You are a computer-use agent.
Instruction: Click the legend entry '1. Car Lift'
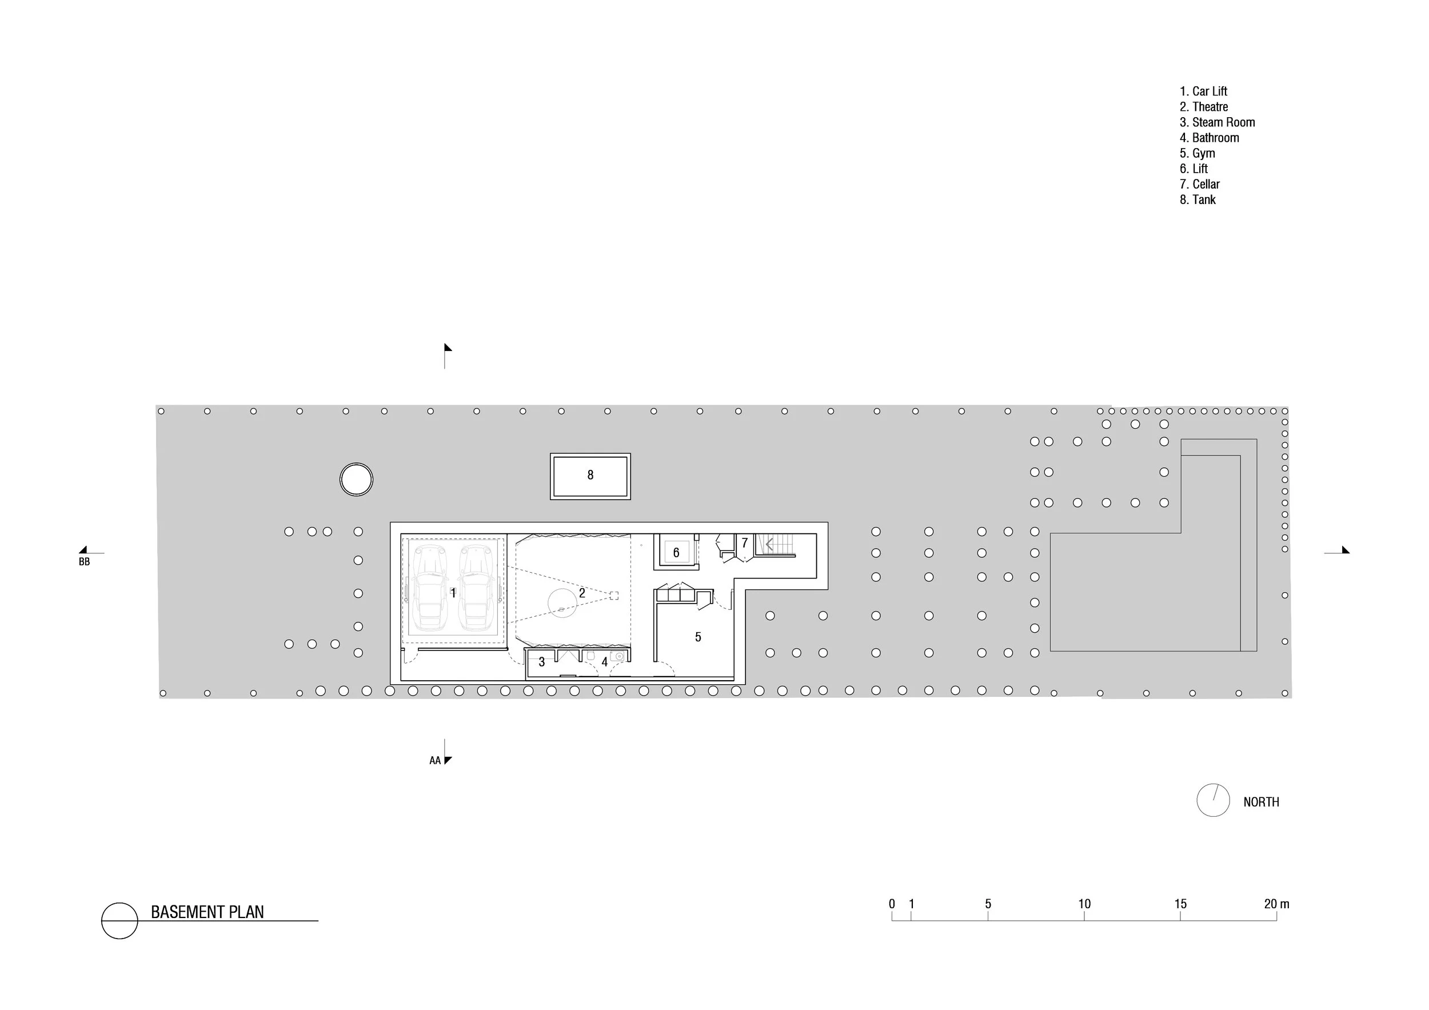pyautogui.click(x=1203, y=91)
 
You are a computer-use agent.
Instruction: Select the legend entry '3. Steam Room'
pyautogui.click(x=1217, y=122)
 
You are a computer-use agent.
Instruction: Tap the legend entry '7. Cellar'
pyautogui.click(x=1199, y=184)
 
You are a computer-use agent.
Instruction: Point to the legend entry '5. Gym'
pyautogui.click(x=1197, y=153)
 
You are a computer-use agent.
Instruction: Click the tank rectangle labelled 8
pyautogui.click(x=590, y=476)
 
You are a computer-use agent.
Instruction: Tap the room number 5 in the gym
pyautogui.click(x=698, y=637)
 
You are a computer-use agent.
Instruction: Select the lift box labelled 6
pyautogui.click(x=676, y=552)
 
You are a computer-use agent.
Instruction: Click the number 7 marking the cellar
pyautogui.click(x=744, y=543)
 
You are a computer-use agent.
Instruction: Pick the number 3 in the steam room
pyautogui.click(x=541, y=662)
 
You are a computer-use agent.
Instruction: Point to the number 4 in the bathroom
pyautogui.click(x=604, y=662)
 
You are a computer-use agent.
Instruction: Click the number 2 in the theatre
pyautogui.click(x=582, y=593)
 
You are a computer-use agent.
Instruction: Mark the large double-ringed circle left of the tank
pyautogui.click(x=356, y=479)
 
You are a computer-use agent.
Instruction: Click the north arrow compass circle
pyautogui.click(x=1212, y=800)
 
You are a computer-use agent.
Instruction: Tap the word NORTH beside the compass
pyautogui.click(x=1261, y=802)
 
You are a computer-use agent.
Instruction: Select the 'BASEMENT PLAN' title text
pyautogui.click(x=207, y=912)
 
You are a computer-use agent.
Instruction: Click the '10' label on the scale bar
pyautogui.click(x=1084, y=904)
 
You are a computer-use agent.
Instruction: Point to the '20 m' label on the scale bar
pyautogui.click(x=1276, y=904)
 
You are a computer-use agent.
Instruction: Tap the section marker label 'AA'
pyautogui.click(x=434, y=760)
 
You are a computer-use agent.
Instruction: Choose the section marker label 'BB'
pyautogui.click(x=84, y=562)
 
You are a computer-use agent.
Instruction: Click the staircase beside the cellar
pyautogui.click(x=776, y=545)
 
